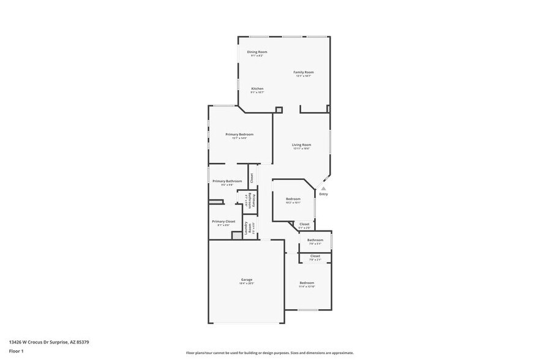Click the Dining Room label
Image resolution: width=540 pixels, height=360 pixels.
click(257, 52)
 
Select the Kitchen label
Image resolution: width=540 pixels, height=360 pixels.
click(257, 89)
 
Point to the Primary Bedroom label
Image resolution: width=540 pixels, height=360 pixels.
click(239, 135)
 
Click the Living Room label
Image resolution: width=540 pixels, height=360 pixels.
click(301, 145)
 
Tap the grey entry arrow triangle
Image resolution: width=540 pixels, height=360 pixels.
click(323, 189)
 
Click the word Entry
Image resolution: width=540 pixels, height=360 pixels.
click(323, 194)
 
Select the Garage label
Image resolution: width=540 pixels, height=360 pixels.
click(246, 280)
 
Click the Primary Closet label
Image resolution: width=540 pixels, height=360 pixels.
click(223, 222)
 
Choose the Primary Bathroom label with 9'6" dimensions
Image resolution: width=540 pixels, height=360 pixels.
click(227, 181)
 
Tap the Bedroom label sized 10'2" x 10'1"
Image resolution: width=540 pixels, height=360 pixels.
click(293, 199)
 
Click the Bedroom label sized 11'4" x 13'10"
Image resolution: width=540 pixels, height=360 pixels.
click(306, 283)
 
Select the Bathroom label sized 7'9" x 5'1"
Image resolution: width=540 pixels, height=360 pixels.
click(315, 240)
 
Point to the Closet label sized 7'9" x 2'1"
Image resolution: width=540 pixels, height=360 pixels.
click(315, 256)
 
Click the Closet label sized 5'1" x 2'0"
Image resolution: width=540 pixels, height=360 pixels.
click(304, 224)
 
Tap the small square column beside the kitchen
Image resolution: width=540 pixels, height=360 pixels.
click(279, 110)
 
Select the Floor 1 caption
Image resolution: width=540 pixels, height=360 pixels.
click(16, 351)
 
